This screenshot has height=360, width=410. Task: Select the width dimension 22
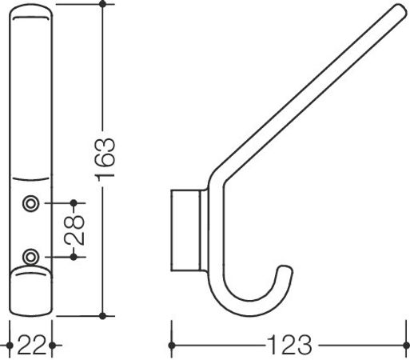[30, 346]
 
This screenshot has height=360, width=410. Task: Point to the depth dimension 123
[289, 346]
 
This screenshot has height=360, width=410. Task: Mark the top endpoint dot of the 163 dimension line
[102, 5]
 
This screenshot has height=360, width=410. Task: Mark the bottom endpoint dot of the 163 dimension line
[102, 313]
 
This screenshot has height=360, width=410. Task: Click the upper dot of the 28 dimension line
[74, 203]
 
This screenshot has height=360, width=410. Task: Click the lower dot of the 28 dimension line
[74, 256]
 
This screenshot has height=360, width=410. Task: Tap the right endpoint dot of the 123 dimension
[406, 346]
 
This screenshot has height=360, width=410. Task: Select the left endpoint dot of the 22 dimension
[9, 346]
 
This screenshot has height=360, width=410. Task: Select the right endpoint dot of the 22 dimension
[51, 346]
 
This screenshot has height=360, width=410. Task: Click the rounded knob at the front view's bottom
[30, 291]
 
